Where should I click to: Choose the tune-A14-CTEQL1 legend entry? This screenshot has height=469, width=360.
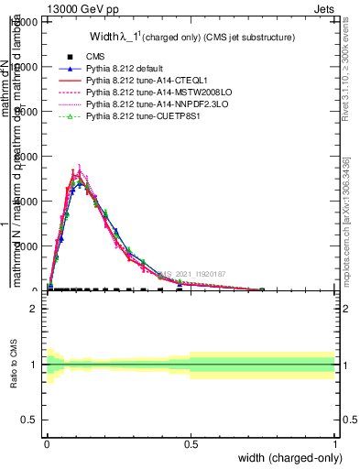click(142, 81)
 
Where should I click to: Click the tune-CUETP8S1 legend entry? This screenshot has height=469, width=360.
click(142, 116)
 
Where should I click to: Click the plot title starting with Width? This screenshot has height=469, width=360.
click(191, 38)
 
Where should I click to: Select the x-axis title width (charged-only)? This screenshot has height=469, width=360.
click(286, 457)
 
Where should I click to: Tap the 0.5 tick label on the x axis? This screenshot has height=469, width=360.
click(191, 444)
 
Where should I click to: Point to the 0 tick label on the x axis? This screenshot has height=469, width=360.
click(47, 444)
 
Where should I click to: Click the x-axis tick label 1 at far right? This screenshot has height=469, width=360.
click(334, 444)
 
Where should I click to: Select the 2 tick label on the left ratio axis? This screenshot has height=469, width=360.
click(33, 310)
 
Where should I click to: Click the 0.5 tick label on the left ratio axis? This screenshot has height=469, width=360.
click(28, 420)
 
